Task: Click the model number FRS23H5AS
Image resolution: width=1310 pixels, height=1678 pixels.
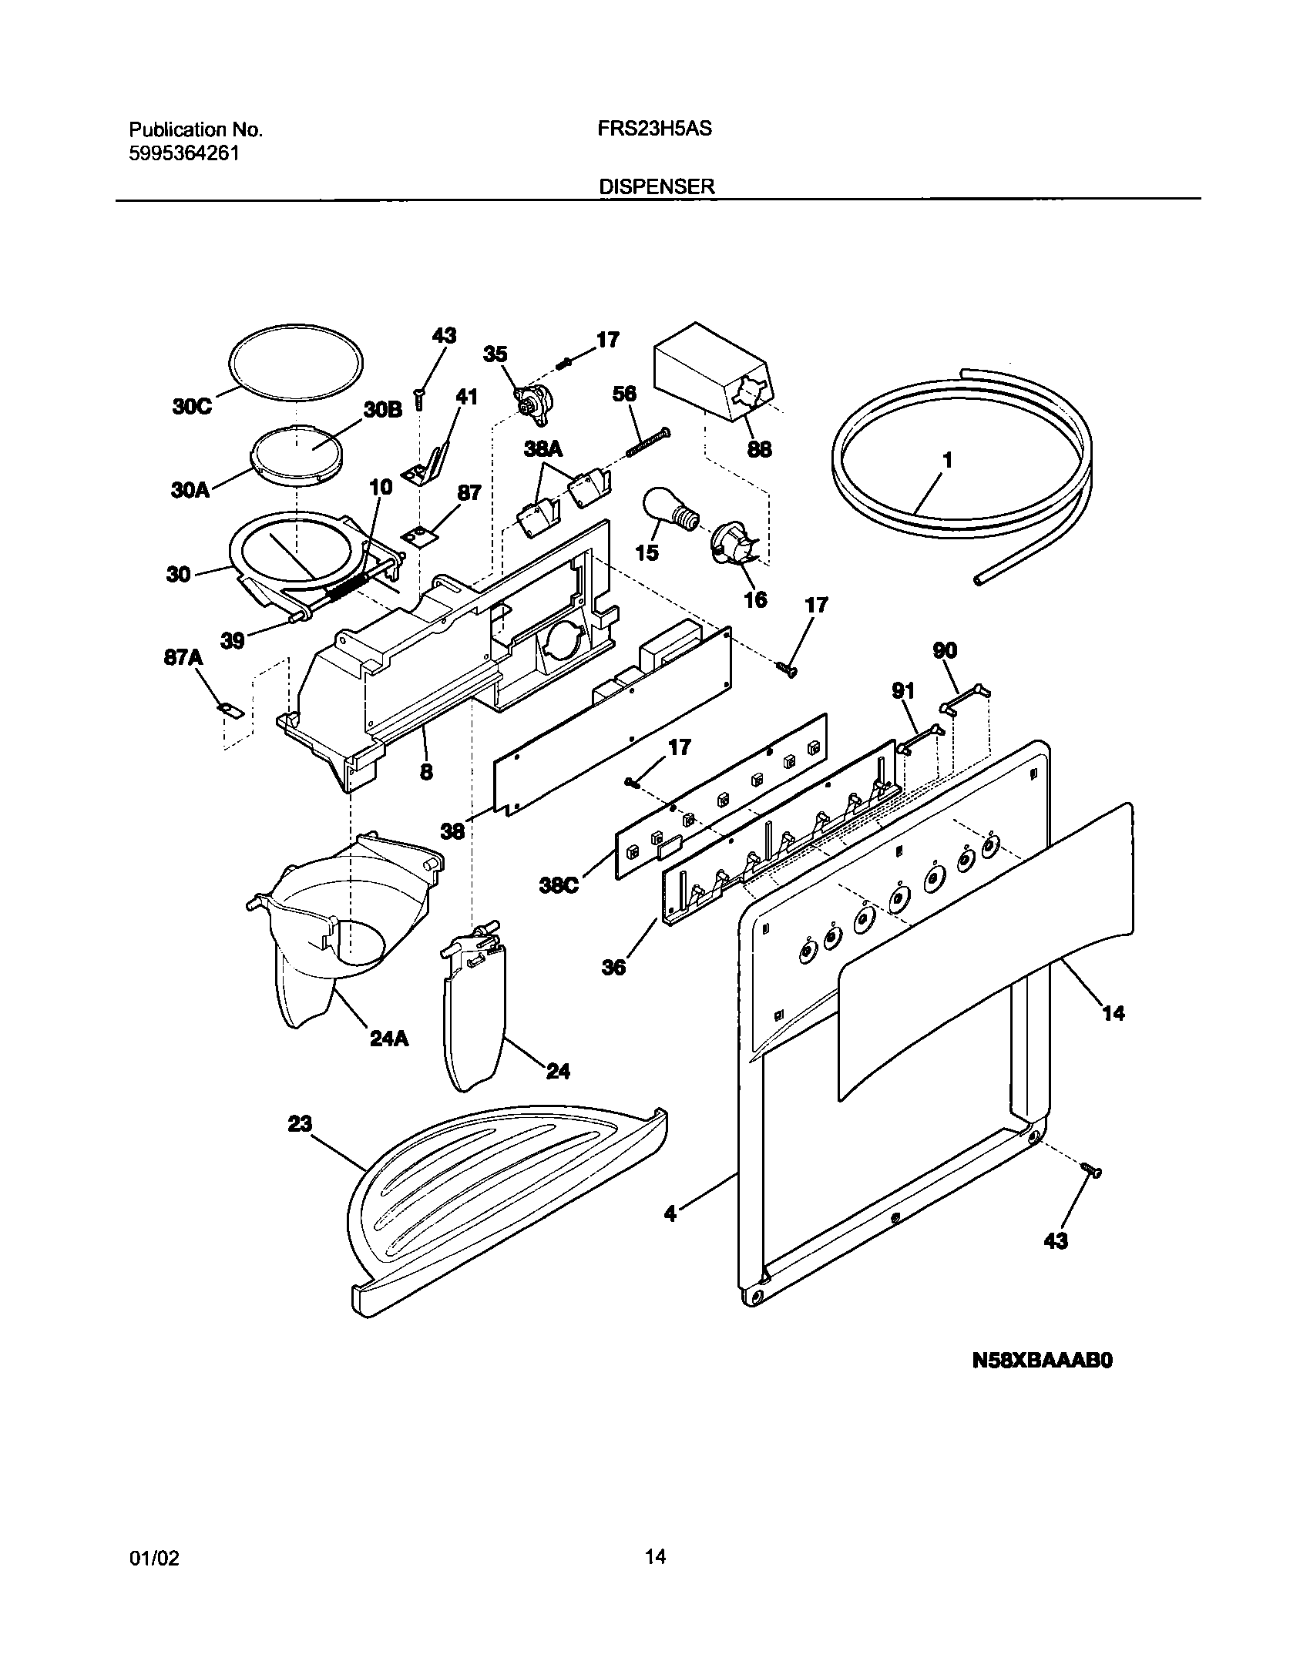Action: (x=654, y=129)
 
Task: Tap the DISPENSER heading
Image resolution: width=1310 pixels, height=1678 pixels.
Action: (x=657, y=186)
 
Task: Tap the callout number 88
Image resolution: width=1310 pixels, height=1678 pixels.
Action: (x=759, y=448)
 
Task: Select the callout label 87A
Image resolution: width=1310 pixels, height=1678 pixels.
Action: (x=183, y=657)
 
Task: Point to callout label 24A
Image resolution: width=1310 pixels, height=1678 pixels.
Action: (x=389, y=1039)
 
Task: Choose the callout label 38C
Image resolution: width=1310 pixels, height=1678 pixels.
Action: (x=558, y=887)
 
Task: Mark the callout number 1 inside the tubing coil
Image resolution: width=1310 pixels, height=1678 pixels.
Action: (x=948, y=460)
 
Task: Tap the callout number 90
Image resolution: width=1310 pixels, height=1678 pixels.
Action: (x=945, y=650)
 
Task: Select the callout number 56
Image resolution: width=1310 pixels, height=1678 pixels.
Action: (x=624, y=394)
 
